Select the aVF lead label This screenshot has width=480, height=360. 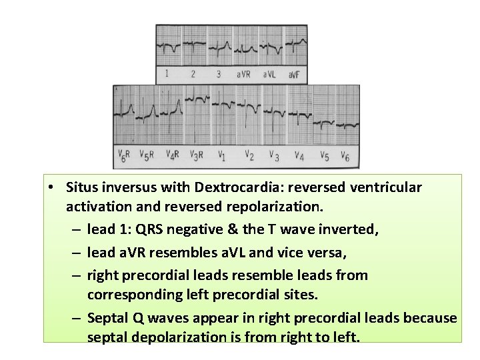click(294, 74)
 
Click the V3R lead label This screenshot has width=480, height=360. click(197, 155)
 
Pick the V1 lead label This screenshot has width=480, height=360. click(222, 155)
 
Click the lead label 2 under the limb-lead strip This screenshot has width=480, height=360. click(193, 74)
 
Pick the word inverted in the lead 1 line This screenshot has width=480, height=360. click(351, 230)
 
